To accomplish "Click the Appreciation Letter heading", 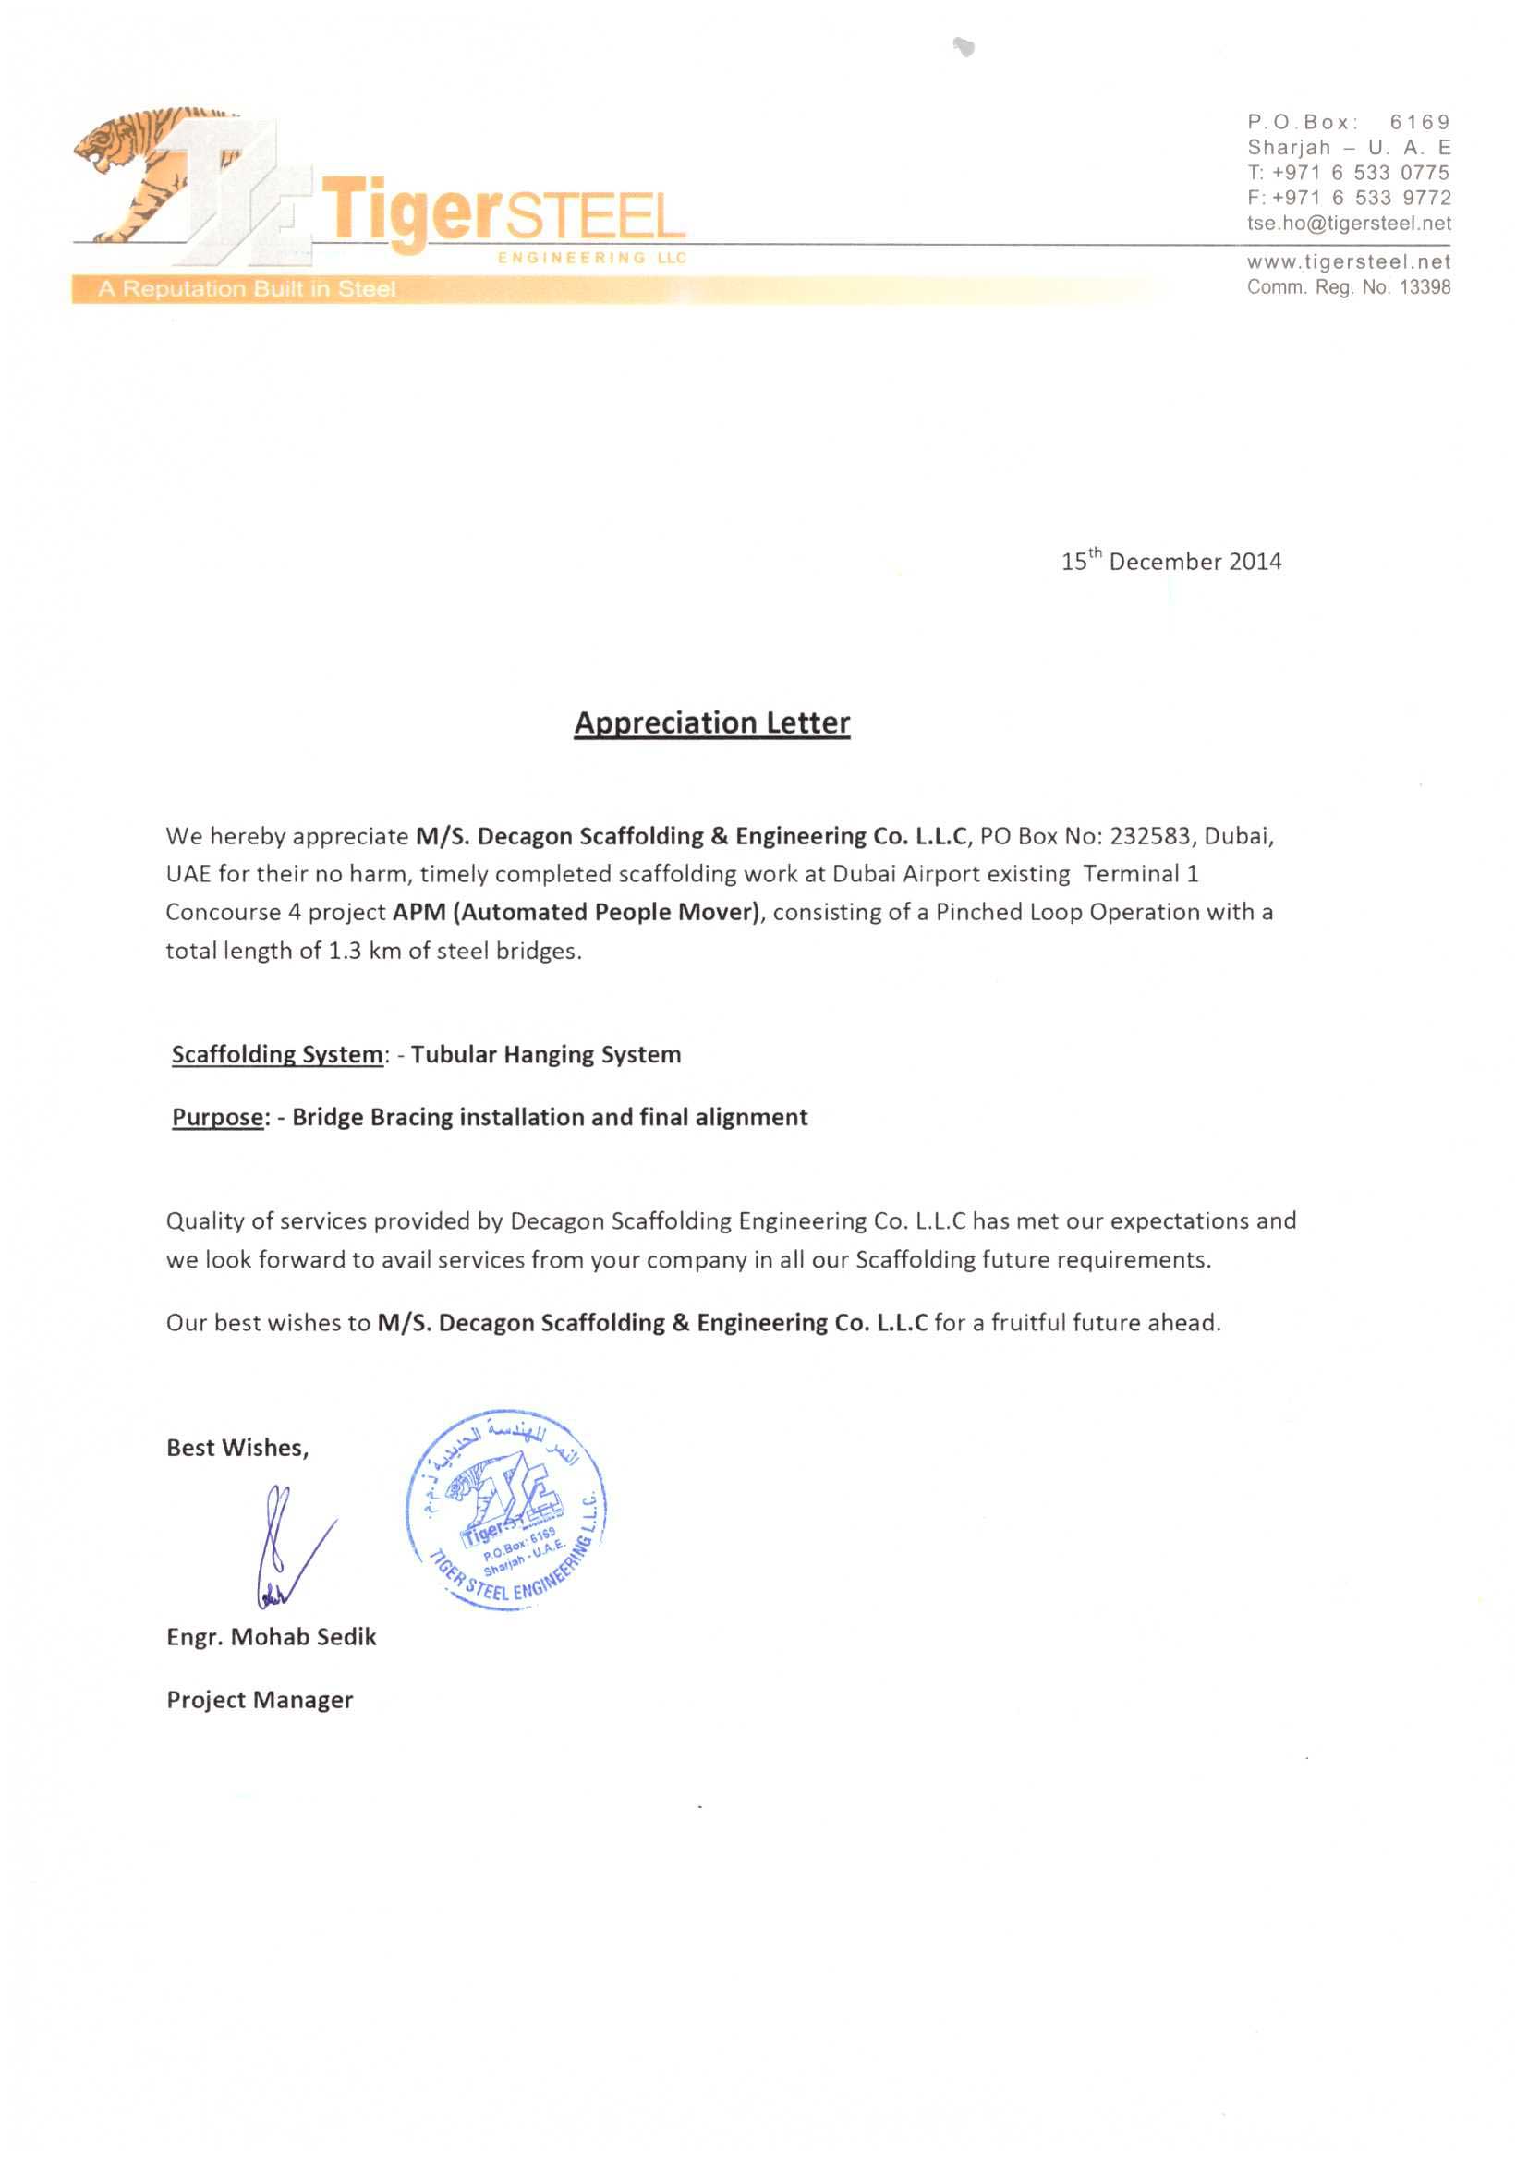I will [711, 722].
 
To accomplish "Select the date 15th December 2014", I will [1170, 562].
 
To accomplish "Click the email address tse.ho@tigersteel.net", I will [1348, 223].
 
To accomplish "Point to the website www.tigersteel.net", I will [1348, 261].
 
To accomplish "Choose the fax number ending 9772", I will [1348, 198].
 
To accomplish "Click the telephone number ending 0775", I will [1348, 172].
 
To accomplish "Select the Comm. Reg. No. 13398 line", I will [1348, 287].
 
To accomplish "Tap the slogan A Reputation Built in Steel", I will [247, 289].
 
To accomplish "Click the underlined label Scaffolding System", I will [276, 1055].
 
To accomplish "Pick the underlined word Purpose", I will [217, 1117].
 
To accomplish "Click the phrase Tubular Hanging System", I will [546, 1055].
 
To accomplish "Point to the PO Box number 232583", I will [1150, 836].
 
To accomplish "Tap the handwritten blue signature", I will [287, 1543].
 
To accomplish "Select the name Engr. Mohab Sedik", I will [271, 1637].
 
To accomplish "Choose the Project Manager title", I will [260, 1700].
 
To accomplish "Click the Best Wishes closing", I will [237, 1448].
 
